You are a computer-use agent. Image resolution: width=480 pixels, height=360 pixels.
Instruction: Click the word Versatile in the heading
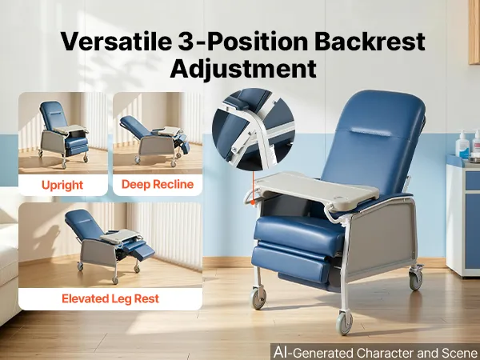coord(115,41)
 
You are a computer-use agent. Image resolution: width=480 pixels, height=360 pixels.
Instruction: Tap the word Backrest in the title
coord(370,41)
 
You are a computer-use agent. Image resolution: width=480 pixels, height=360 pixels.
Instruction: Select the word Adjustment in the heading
coord(243,69)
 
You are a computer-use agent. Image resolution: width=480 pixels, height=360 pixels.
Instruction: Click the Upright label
coord(62,186)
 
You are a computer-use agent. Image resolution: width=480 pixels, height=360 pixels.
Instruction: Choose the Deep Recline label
coord(158,184)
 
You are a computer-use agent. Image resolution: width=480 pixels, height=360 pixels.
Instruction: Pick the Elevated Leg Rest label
coord(110,298)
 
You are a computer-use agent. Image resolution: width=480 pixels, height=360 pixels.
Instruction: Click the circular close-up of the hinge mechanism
coord(254,130)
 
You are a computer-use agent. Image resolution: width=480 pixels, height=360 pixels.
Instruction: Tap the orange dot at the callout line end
coord(253,202)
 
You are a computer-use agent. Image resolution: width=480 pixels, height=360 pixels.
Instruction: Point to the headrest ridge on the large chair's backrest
coord(370,132)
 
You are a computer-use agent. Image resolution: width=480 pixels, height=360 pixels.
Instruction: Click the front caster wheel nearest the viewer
coord(344,323)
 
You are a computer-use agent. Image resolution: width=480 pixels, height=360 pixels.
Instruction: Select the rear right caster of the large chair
coord(416,278)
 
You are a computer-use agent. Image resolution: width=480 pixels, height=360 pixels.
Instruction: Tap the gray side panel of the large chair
coord(381,238)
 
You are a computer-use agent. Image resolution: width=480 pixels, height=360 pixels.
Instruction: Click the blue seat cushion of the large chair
coord(298,230)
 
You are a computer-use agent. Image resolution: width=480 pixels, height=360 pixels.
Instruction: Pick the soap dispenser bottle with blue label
coord(462,146)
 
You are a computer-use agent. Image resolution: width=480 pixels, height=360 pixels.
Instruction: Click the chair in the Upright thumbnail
coord(64,134)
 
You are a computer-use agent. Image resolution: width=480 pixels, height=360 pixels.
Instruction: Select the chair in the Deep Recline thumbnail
coord(154,140)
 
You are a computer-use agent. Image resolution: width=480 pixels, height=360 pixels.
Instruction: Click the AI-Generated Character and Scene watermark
coord(376,353)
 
